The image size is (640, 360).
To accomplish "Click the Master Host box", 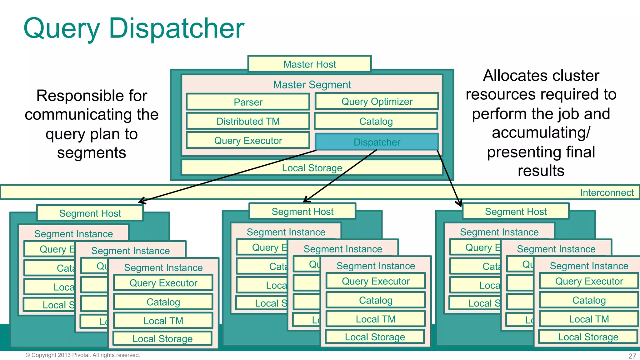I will [309, 64].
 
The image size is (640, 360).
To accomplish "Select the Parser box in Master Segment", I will [248, 102].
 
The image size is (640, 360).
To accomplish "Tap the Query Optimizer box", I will [377, 101].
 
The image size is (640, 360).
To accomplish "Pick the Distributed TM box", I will [248, 121].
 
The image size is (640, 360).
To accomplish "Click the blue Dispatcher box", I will [377, 142].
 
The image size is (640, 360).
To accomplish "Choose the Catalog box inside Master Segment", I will [376, 121].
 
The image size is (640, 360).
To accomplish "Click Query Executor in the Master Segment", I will [248, 140].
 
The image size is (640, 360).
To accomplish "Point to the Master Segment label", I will [312, 84].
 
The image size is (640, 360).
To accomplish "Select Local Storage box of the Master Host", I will [312, 168].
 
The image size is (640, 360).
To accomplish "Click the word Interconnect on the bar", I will [607, 192].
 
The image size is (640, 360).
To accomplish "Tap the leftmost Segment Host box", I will [90, 213].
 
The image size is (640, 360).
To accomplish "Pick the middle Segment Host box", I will [302, 212].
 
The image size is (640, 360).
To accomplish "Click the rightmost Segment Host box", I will [516, 212].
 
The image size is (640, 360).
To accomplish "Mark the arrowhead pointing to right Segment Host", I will [459, 204].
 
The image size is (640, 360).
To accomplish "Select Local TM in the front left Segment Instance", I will [163, 321].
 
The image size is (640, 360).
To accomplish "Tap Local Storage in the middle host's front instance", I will [375, 337].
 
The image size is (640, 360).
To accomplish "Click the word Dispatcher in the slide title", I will [176, 28].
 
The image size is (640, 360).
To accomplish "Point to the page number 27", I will [632, 356].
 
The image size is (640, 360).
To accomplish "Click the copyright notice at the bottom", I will [83, 355].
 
